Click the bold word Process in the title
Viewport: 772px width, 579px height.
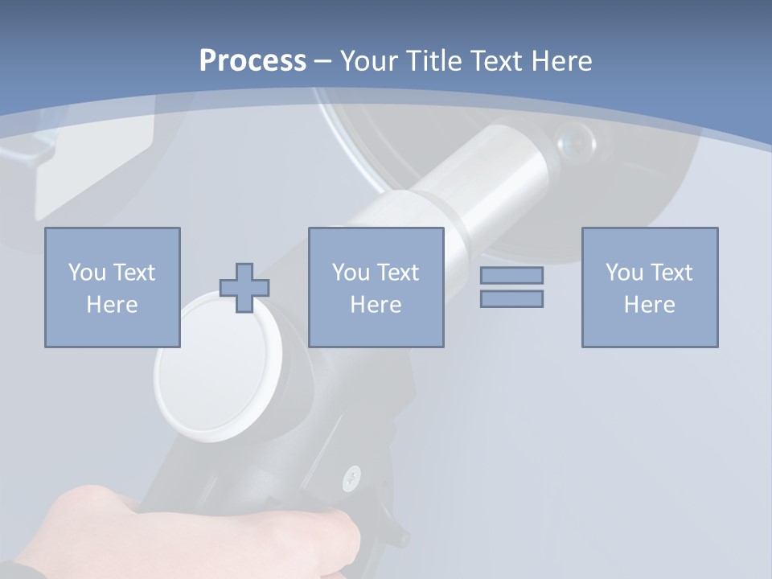click(253, 61)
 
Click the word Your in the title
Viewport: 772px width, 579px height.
click(368, 61)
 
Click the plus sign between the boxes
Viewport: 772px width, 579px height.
click(244, 287)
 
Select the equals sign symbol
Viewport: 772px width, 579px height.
click(511, 287)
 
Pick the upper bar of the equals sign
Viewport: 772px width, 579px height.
click(511, 275)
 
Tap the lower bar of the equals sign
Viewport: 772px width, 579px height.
click(511, 298)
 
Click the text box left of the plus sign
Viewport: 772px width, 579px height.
click(113, 287)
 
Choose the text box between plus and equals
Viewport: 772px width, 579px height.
click(376, 287)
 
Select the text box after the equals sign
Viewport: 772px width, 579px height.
click(649, 287)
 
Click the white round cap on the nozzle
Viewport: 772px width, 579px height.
click(208, 366)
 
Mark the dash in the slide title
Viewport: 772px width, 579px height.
click(322, 61)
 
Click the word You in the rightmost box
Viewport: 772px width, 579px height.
click(624, 273)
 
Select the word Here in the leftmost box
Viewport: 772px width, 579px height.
click(113, 305)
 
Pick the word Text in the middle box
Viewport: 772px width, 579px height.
click(398, 273)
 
